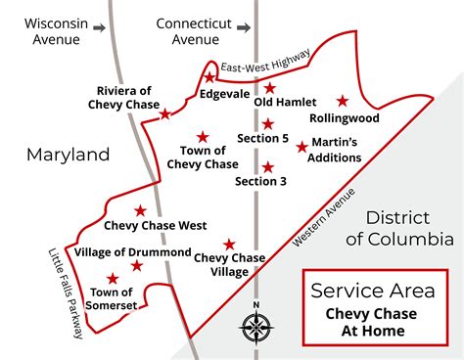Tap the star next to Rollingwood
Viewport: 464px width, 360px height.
click(343, 101)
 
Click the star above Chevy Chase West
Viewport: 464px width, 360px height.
click(141, 210)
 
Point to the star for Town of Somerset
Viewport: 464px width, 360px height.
click(114, 279)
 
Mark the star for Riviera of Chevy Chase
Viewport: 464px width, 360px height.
click(165, 114)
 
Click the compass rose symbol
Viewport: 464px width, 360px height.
click(256, 327)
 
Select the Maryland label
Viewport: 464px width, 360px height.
click(68, 155)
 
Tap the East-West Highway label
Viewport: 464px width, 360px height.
click(266, 62)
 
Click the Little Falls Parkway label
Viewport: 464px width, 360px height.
click(66, 292)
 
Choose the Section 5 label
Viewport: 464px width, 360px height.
click(262, 139)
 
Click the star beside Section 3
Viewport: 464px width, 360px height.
click(267, 166)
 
